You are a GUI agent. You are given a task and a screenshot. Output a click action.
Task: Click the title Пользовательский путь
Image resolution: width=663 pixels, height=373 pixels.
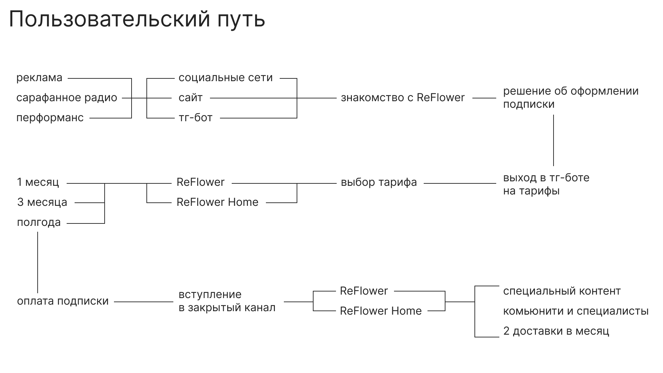(137, 19)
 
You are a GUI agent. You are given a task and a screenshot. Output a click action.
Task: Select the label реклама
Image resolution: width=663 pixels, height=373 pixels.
(39, 78)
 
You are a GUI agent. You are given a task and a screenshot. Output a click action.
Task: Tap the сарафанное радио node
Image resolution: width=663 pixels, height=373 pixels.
(67, 98)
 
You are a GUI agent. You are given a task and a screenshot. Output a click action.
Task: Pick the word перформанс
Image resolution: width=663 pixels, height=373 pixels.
(50, 118)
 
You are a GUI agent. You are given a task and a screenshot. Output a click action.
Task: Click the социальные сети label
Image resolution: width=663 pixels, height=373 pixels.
(225, 78)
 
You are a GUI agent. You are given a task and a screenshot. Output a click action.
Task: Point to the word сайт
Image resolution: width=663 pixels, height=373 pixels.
(191, 98)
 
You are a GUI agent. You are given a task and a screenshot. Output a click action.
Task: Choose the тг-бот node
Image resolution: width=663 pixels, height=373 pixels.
(195, 118)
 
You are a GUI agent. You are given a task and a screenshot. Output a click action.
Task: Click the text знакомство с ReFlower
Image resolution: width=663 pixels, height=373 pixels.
(403, 98)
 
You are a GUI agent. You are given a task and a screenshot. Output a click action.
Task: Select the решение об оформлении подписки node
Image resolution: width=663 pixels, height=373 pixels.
(570, 98)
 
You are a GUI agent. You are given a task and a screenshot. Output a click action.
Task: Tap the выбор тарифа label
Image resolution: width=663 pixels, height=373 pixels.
(379, 182)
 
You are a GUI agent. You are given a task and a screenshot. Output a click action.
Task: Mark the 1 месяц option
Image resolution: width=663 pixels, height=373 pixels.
(38, 182)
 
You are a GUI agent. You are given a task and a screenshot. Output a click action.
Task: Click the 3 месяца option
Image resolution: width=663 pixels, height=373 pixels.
(42, 202)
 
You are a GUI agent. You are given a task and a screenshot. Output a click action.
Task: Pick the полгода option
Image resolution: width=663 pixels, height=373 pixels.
(39, 222)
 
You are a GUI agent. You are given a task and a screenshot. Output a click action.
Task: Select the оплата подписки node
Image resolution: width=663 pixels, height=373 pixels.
(63, 301)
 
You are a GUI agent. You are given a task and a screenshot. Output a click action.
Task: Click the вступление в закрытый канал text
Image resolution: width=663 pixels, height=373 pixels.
(227, 301)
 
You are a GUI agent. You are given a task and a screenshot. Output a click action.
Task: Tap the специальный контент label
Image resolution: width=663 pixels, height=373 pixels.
(562, 291)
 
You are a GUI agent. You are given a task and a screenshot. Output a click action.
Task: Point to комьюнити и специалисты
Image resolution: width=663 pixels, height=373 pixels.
(576, 311)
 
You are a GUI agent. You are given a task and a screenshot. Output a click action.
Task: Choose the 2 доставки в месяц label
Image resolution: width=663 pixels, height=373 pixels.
(556, 331)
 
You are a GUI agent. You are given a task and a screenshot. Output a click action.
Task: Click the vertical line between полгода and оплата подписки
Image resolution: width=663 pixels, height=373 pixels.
(38, 262)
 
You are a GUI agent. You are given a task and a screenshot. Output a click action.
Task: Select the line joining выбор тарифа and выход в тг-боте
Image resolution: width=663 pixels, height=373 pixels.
(460, 183)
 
